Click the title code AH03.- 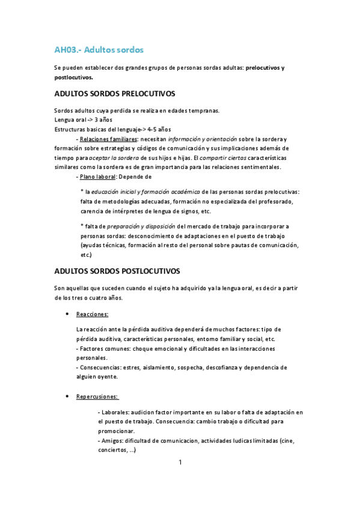[x=67, y=49]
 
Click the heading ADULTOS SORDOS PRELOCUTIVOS [x=114, y=94]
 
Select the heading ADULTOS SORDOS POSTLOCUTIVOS [x=117, y=272]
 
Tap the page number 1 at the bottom [x=180, y=462]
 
